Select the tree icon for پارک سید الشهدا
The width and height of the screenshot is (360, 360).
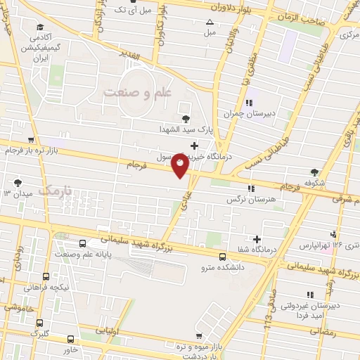186,119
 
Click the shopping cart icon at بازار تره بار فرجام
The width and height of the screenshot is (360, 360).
30,140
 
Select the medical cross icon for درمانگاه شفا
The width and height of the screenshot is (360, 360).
257,239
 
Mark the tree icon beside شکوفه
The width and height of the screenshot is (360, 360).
314,172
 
